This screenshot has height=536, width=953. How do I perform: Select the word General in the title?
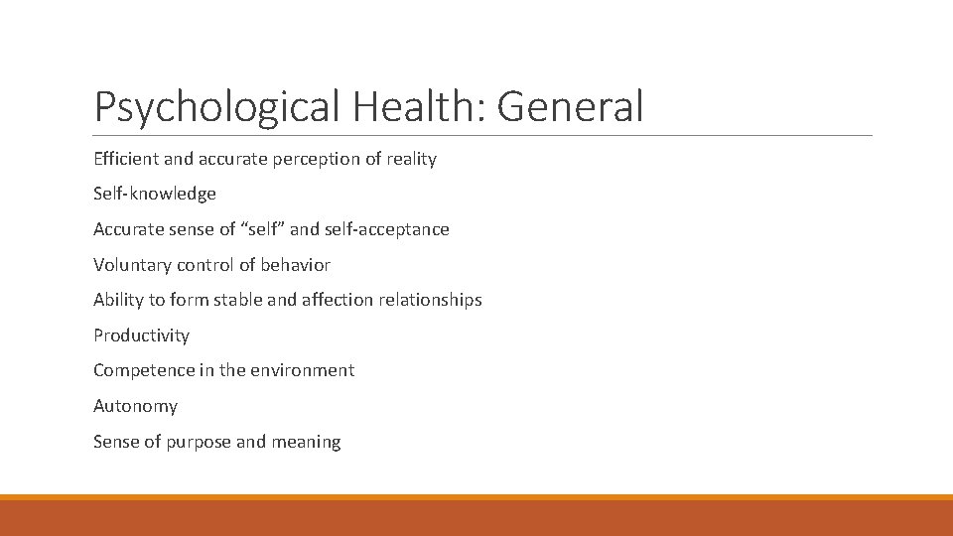coord(571,106)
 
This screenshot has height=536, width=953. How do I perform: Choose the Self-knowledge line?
coord(154,194)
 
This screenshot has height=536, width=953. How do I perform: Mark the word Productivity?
coord(141,335)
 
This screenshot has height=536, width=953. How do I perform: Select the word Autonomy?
coord(135,406)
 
